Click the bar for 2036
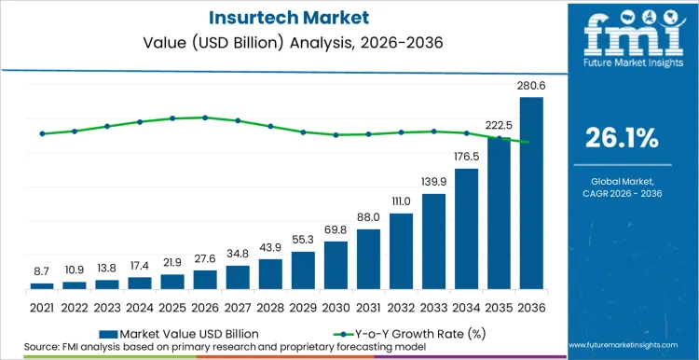click(x=531, y=193)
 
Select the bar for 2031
click(x=368, y=258)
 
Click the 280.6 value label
click(x=531, y=86)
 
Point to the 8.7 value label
click(x=42, y=270)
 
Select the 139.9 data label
click(x=433, y=181)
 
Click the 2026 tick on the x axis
click(x=205, y=306)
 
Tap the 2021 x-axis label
click(x=42, y=306)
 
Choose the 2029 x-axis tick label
click(x=303, y=306)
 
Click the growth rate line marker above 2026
click(x=205, y=118)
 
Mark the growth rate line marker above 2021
click(x=42, y=133)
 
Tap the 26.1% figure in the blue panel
click(x=622, y=138)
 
